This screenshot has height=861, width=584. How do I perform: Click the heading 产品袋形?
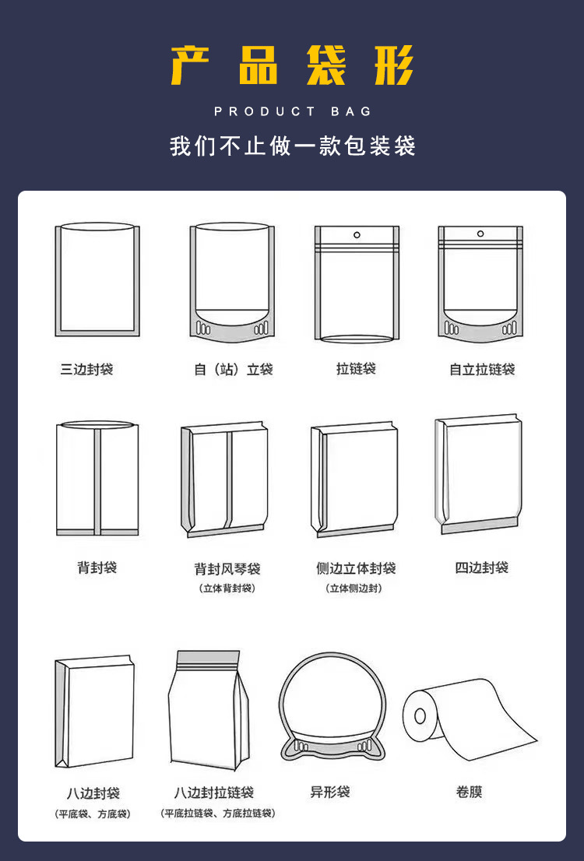pos(292,65)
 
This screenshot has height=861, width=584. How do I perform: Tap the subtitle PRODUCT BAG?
pos(293,112)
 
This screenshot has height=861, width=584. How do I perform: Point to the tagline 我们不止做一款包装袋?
pos(292,146)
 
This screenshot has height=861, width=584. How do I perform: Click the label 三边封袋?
pos(87,369)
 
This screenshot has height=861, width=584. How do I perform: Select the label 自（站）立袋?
pos(233,369)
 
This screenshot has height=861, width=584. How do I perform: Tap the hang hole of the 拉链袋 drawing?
pos(357,234)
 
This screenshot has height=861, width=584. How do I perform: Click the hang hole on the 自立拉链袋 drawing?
pos(480,234)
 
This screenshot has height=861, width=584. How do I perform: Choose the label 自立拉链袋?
pos(482,369)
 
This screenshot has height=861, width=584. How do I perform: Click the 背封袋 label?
pos(97,568)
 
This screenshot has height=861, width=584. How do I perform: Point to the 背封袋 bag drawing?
pos(97,479)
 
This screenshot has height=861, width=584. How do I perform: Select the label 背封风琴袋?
pos(227,569)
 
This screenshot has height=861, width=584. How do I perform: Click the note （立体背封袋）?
pos(227,588)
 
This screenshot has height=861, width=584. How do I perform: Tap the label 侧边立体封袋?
pos(356,568)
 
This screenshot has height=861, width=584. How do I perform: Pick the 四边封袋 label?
pos(481,568)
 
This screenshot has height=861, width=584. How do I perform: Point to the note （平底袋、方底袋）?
pos(93,814)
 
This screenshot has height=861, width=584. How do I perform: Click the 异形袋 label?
pos(330,792)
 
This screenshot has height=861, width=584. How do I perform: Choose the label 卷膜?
pos(470,792)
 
